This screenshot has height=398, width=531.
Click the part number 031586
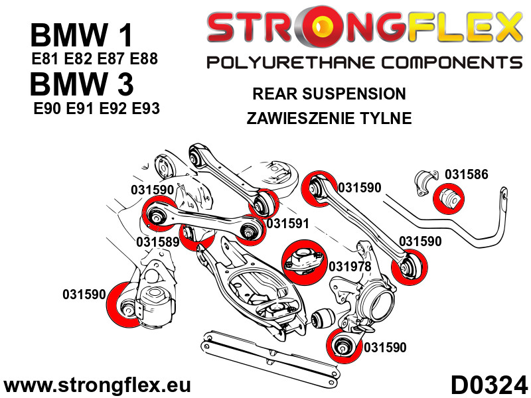[466, 175]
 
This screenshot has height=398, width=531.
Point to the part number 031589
[158, 242]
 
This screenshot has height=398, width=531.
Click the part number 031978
[350, 266]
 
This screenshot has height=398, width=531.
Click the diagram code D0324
[489, 384]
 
